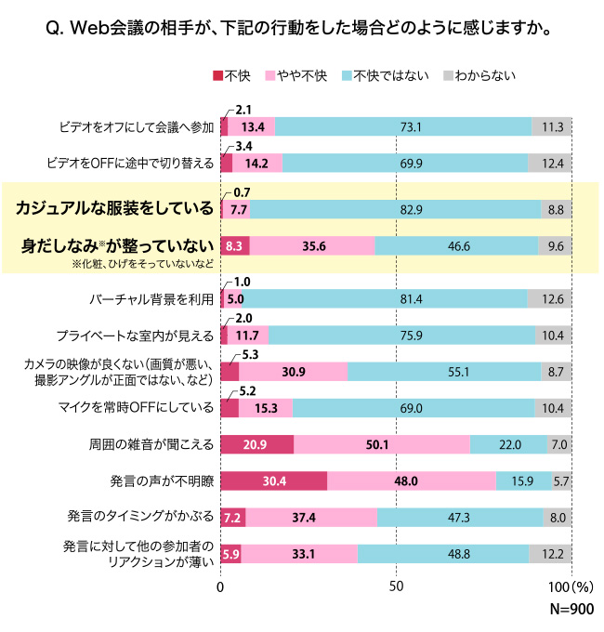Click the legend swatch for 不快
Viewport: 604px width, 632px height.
point(219,75)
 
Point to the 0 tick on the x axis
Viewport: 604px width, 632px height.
point(221,588)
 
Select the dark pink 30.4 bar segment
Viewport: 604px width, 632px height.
point(273,481)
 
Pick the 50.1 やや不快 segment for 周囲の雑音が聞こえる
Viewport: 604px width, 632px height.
point(381,444)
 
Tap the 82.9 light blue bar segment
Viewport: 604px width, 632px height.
point(382,210)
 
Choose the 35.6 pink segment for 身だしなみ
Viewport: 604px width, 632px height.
point(312,246)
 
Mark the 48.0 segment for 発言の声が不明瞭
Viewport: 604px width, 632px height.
point(411,481)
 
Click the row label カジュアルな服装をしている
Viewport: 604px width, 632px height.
point(115,206)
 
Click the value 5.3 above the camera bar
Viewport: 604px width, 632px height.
point(248,355)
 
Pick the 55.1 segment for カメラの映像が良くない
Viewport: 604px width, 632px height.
point(444,372)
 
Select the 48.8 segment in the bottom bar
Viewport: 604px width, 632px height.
point(443,554)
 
